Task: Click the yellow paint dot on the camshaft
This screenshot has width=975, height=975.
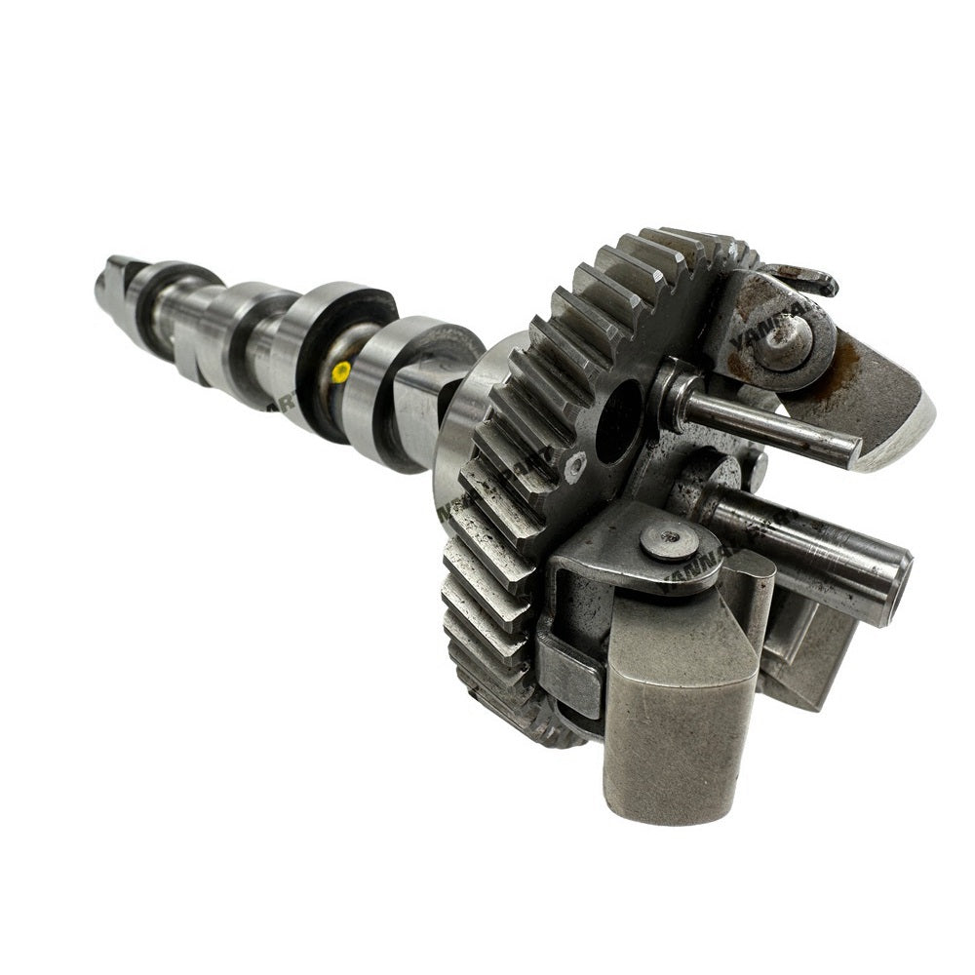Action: tap(340, 370)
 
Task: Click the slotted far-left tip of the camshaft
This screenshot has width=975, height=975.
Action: tap(109, 277)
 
